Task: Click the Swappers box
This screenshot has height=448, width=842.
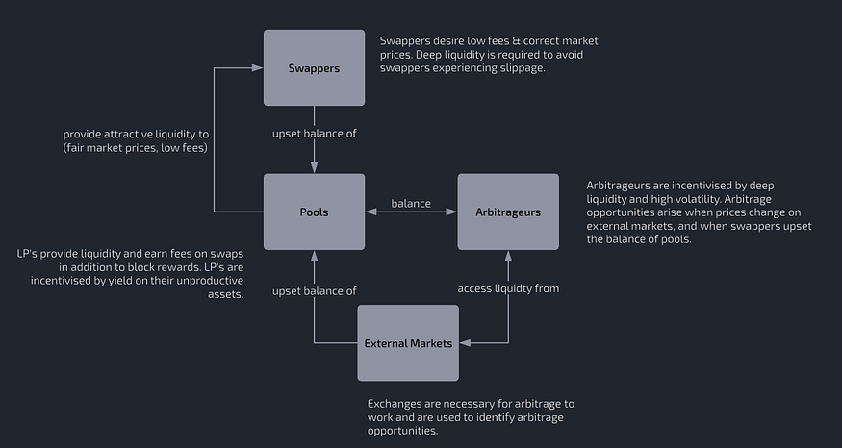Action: (315, 67)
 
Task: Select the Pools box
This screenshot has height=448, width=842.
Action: (315, 212)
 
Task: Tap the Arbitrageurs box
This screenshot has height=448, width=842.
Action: (508, 212)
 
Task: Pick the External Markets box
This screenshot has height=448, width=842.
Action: (408, 343)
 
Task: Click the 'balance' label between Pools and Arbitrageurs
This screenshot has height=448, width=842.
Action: (411, 203)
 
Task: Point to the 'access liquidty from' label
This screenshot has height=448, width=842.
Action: (507, 288)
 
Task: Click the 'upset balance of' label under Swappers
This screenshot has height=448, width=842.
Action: (315, 134)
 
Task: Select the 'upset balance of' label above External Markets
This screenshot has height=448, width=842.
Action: (315, 290)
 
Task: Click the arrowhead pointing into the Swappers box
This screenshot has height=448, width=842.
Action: (259, 68)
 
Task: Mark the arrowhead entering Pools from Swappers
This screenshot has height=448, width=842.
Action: (315, 168)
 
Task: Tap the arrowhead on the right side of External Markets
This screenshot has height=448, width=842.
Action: (465, 343)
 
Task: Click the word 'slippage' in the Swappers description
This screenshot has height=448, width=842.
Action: (523, 68)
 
